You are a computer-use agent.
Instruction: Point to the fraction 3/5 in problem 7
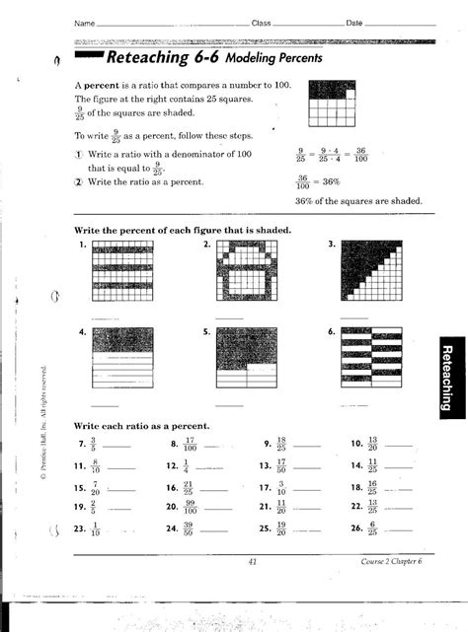pyautogui.click(x=95, y=445)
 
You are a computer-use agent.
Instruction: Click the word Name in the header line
pyautogui.click(x=85, y=22)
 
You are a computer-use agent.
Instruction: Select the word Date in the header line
pyautogui.click(x=354, y=22)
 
